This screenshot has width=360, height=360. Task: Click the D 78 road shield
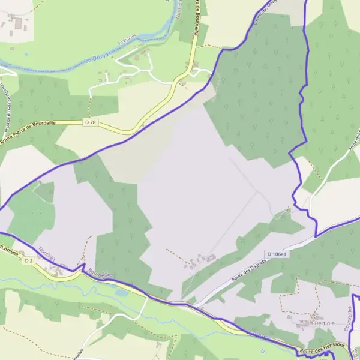pos(91,122)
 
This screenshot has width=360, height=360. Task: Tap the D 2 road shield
pos(28,260)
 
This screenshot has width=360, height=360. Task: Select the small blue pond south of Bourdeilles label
pos(122,293)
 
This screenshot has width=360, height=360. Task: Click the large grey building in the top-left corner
pos(18,23)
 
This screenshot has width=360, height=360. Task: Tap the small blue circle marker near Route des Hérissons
pos(262,350)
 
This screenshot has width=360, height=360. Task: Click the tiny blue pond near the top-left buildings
pos(26,55)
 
